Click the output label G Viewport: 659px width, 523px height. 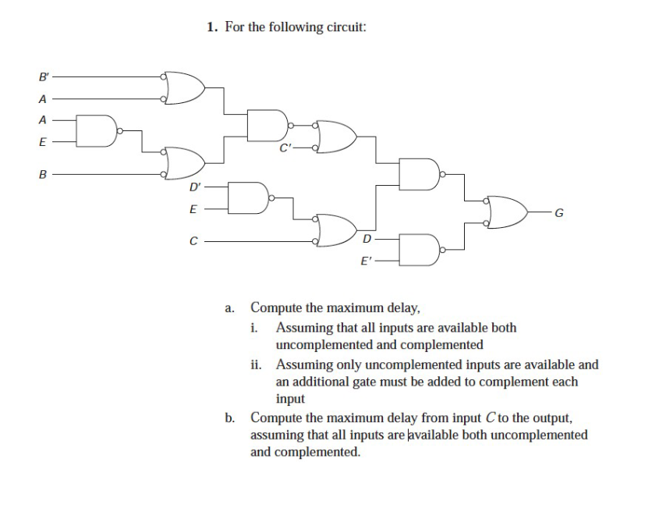tap(558, 212)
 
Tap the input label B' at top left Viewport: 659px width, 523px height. tap(43, 77)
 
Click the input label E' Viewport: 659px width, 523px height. tap(364, 263)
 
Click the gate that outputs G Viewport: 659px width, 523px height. tap(508, 212)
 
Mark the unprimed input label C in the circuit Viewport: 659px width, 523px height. tap(193, 241)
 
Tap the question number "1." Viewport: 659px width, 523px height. tap(212, 27)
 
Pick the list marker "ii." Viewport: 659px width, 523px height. tap(258, 365)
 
